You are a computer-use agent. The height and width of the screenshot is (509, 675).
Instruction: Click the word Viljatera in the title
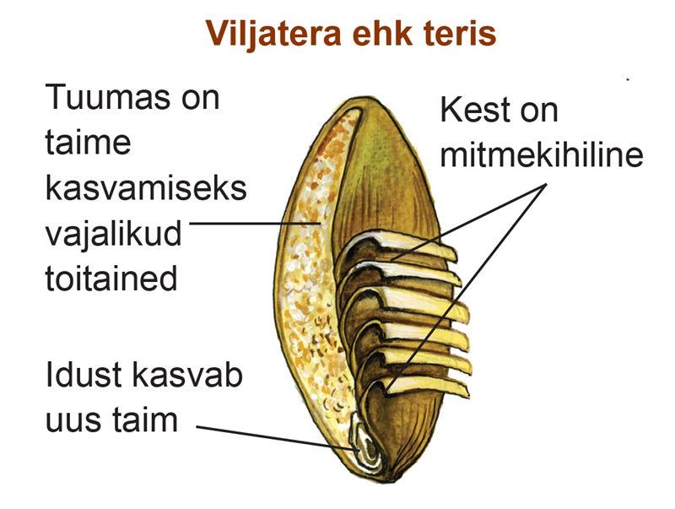pos(273,34)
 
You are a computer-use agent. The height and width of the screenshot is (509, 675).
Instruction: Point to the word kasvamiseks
pos(146,187)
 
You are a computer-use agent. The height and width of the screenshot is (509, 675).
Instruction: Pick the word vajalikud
pos(113,234)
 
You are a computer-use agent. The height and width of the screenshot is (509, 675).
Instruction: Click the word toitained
pos(111,279)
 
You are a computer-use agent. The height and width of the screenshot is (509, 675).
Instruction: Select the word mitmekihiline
pos(542,154)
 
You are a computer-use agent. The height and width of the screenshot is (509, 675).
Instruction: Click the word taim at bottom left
pos(144,419)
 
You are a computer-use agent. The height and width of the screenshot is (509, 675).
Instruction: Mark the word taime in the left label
pos(88,142)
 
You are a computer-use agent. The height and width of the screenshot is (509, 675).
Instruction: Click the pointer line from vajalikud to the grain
pos(256,223)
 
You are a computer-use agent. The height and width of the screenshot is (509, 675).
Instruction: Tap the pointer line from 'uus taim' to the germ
pos(278,438)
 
